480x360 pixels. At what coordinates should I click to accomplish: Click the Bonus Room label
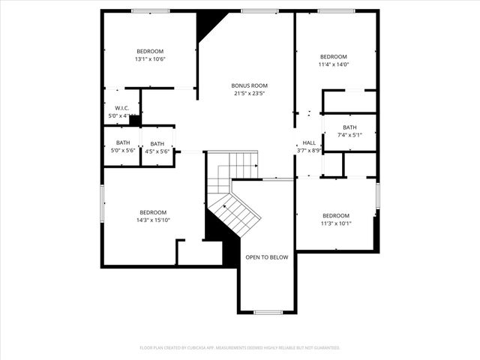[x=249, y=85]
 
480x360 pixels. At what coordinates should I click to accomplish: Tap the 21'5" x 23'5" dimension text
[x=249, y=94]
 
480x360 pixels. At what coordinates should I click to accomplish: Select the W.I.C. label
[x=123, y=108]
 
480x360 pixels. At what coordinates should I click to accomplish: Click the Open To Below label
[x=266, y=257]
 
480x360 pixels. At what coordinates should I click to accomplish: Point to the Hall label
[x=309, y=142]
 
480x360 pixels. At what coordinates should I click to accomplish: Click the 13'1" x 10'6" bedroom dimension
[x=150, y=59]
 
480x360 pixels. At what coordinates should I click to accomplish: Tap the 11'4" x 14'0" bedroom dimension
[x=334, y=64]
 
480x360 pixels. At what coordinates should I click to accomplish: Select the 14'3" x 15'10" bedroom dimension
[x=153, y=220]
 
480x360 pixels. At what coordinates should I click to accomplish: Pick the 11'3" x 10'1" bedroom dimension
[x=335, y=223]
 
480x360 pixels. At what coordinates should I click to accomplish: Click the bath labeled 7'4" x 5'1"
[x=350, y=131]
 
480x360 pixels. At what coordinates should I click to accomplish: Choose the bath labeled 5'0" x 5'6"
[x=123, y=147]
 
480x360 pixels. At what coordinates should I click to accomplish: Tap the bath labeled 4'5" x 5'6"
[x=157, y=148]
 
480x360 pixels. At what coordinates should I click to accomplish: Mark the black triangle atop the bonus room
[x=205, y=23]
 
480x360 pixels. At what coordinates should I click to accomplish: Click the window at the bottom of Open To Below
[x=268, y=312]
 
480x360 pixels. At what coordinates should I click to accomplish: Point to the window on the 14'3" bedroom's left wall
[x=103, y=203]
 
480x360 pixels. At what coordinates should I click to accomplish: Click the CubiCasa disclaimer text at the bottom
[x=240, y=348]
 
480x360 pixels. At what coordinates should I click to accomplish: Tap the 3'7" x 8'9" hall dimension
[x=309, y=151]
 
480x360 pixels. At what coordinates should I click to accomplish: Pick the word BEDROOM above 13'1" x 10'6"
[x=150, y=51]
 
